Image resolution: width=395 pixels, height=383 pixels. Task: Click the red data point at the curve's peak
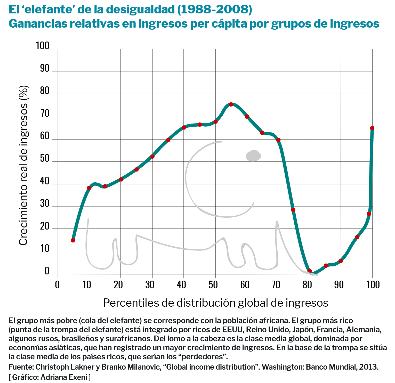(x=231, y=104)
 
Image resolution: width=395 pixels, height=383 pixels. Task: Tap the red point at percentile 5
(x=73, y=240)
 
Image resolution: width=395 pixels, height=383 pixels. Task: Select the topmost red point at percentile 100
(x=372, y=128)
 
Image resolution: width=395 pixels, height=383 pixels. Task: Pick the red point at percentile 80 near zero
(x=310, y=271)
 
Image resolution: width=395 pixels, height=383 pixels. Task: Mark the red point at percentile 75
(x=293, y=210)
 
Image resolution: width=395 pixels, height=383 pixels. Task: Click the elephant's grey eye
(x=253, y=156)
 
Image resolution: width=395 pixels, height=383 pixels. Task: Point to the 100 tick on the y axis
(x=43, y=46)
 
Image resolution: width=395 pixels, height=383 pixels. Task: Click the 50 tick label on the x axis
(x=213, y=285)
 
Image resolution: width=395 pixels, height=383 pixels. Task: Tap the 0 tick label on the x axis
(x=57, y=285)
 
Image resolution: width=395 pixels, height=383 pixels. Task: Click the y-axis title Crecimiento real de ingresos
(x=23, y=165)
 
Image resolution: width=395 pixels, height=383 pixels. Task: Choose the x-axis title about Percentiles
(x=215, y=303)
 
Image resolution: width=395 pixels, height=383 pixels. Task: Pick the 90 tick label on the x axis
(x=339, y=285)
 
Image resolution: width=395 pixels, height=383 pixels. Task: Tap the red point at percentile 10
(x=89, y=188)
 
